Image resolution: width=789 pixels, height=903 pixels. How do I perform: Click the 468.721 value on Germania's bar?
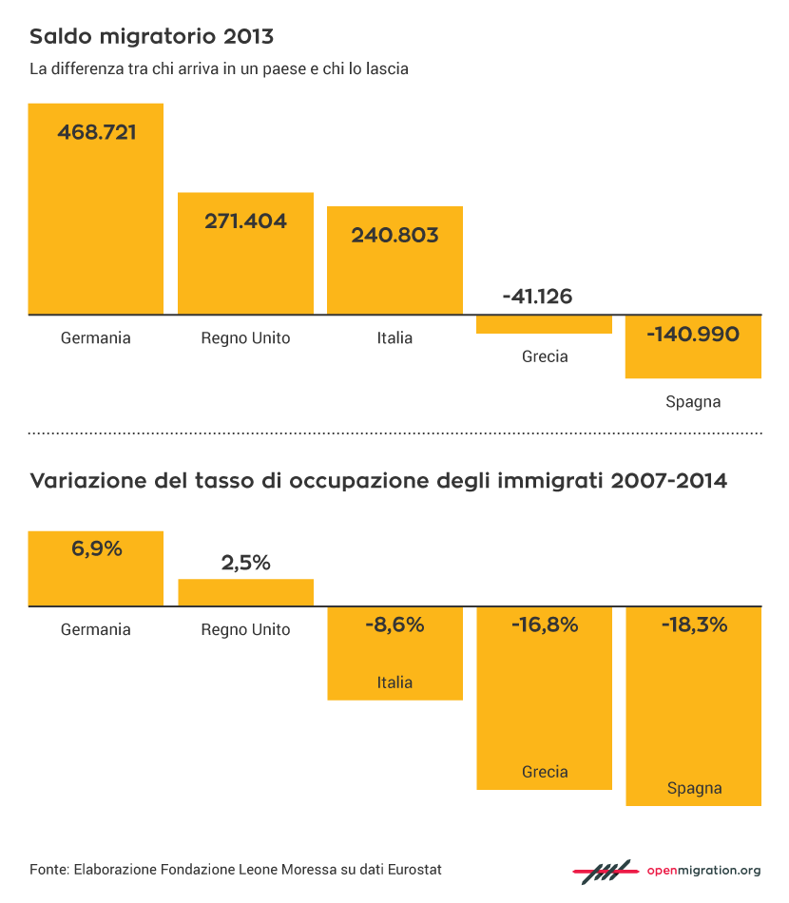coord(96,132)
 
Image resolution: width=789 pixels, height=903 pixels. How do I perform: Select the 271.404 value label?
coord(245,221)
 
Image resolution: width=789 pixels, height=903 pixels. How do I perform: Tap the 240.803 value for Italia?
coord(394,235)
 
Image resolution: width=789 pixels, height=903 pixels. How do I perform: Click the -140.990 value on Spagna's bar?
coord(692,335)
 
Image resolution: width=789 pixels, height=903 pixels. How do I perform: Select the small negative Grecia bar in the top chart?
coord(544,324)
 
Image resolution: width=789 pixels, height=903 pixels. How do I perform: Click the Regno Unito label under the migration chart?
coord(245,338)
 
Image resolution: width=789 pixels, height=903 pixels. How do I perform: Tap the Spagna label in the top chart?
coord(693,402)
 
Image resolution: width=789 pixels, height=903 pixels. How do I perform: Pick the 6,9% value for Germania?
coord(96,548)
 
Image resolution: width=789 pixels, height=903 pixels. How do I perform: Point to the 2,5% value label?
coord(245,563)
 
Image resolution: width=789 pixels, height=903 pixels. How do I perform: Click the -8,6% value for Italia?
coord(394,625)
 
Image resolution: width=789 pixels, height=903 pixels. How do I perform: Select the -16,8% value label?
coord(544,625)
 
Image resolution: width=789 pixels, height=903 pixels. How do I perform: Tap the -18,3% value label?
coord(693,625)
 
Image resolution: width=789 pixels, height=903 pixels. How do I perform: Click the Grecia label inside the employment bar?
coord(545,772)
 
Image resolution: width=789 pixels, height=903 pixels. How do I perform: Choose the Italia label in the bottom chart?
coord(394,682)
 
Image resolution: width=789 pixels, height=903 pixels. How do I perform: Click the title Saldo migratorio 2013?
coord(151,37)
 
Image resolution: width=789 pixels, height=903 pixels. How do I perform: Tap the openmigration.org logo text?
coord(703,870)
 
